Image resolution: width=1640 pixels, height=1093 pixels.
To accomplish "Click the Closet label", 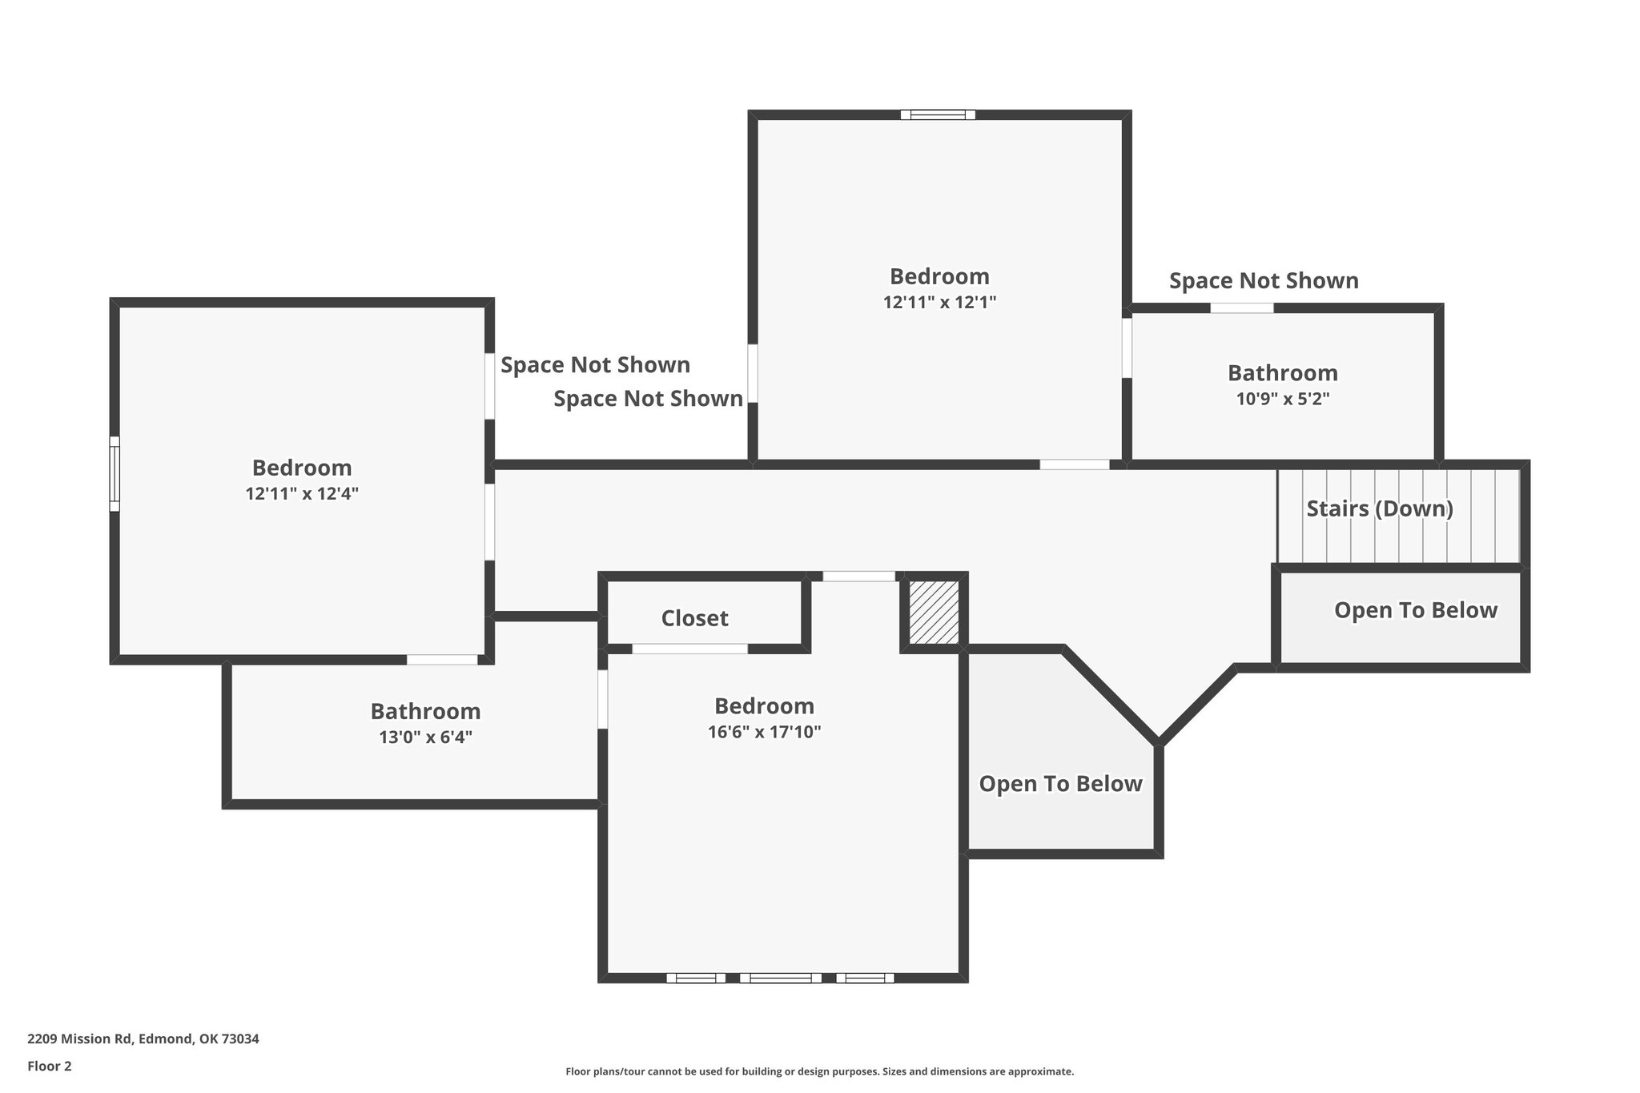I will coord(694,618).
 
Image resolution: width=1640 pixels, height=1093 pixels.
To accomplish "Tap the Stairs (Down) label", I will coord(1380,508).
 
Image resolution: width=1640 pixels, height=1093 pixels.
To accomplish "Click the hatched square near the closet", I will coord(934,613).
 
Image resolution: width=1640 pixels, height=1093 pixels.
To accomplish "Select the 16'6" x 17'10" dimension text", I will coord(764,732).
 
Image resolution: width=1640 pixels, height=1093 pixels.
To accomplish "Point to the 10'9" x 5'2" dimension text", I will coord(1283,399).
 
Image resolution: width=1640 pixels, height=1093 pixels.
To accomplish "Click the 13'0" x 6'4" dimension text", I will coord(425,737).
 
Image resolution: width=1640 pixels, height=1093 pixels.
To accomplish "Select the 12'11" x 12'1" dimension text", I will coord(939,303).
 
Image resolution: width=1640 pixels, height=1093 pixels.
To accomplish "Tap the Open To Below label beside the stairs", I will coord(1415,610).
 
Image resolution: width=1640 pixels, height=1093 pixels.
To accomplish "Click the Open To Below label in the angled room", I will coord(1060,784).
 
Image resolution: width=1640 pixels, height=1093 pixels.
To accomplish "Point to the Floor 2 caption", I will coord(50,1066).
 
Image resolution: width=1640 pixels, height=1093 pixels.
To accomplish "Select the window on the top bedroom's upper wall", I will coord(938,115).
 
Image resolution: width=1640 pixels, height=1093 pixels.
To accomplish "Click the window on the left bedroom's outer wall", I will coord(115,473).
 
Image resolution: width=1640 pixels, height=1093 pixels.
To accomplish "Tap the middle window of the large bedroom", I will coord(780,978).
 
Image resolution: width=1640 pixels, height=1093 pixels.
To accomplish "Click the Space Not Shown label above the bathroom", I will coord(1264,281).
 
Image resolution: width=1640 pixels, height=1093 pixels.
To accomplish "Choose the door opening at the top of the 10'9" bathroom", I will coord(1241,307).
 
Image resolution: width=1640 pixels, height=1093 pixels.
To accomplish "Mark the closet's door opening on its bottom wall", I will coord(689,649).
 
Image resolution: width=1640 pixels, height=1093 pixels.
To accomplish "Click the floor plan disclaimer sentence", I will coord(819,1071).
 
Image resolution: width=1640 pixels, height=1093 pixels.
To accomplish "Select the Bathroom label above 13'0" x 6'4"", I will coord(425,711).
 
